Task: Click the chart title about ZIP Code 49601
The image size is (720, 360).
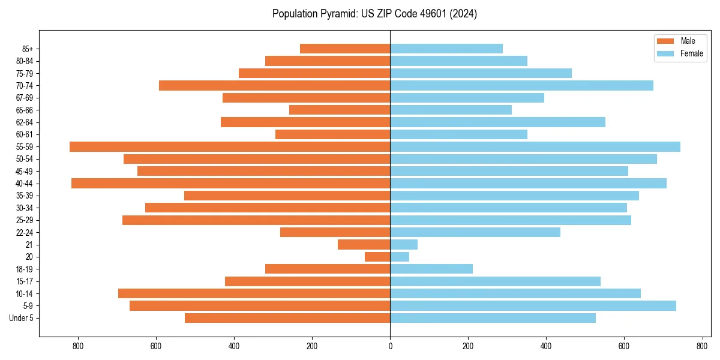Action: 374,14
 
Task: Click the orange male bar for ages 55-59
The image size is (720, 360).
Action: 230,146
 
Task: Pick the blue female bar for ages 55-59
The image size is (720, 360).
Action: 535,146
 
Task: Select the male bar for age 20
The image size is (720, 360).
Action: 377,257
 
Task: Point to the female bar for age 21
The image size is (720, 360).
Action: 404,244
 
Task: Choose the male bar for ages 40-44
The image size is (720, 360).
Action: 230,183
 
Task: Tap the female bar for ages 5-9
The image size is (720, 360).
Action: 533,305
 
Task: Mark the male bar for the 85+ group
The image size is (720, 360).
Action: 345,49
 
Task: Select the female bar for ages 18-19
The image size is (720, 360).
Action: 431,269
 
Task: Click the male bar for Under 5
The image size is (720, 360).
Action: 287,318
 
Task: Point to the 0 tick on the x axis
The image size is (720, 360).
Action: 390,346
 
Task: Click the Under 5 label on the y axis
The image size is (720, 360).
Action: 22,318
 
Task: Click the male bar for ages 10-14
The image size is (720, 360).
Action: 254,293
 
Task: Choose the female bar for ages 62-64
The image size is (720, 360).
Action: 497,122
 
